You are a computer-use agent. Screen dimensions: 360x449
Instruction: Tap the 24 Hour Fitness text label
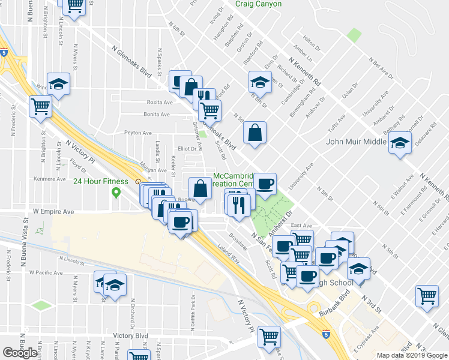tap(101, 181)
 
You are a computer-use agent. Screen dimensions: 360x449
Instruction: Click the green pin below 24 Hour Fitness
tap(116, 193)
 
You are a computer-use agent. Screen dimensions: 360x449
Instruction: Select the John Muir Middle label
tap(355, 142)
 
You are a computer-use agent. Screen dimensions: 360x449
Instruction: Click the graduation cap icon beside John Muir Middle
tap(398, 144)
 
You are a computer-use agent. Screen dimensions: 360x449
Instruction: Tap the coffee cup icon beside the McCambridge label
tap(265, 184)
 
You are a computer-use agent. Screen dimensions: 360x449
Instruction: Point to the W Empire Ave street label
tap(53, 212)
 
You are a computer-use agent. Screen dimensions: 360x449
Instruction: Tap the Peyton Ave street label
tap(137, 133)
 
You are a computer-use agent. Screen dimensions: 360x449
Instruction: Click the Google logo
tap(20, 353)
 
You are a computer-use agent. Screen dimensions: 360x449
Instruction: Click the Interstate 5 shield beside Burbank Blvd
tap(326, 333)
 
